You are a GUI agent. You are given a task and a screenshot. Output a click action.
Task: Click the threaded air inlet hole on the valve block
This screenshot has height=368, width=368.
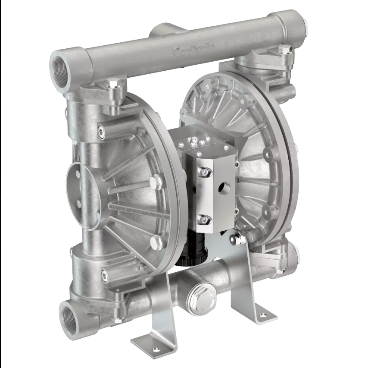[224, 189]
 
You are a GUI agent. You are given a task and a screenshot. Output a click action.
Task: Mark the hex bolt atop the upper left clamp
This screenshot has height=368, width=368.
[113, 82]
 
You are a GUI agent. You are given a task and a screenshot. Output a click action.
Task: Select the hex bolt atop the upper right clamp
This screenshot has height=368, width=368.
[286, 50]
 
